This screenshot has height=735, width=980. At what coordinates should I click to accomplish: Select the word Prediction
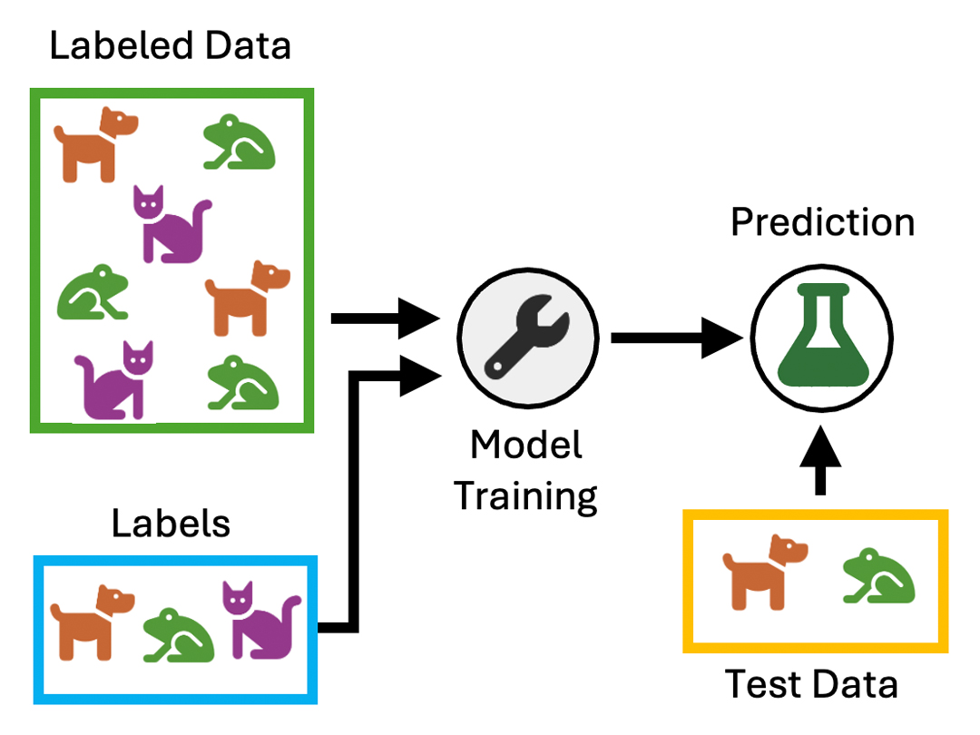822,222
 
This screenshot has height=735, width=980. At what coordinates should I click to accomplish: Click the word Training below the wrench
526,496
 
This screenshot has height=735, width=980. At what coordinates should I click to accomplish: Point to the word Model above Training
526,446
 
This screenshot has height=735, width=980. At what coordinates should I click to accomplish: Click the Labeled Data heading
171,45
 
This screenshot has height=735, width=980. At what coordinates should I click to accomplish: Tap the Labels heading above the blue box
171,524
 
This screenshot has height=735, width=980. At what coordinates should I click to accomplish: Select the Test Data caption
811,684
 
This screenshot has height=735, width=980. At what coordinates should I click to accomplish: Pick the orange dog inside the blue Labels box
92,622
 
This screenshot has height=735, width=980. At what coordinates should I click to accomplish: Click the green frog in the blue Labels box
179,632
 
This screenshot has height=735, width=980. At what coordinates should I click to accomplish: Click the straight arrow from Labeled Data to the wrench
386,318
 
